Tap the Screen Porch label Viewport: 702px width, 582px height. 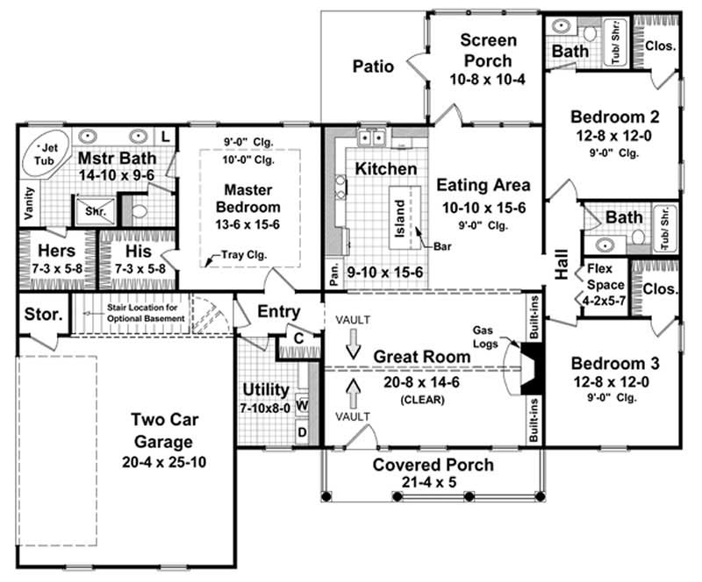488,51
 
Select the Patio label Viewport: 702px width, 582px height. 373,66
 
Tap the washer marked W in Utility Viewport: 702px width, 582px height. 303,406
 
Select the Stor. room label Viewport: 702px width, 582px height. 41,314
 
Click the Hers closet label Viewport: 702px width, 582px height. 55,250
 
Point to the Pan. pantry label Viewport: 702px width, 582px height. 333,273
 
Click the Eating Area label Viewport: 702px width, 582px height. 483,185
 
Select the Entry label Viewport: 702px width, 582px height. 279,311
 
